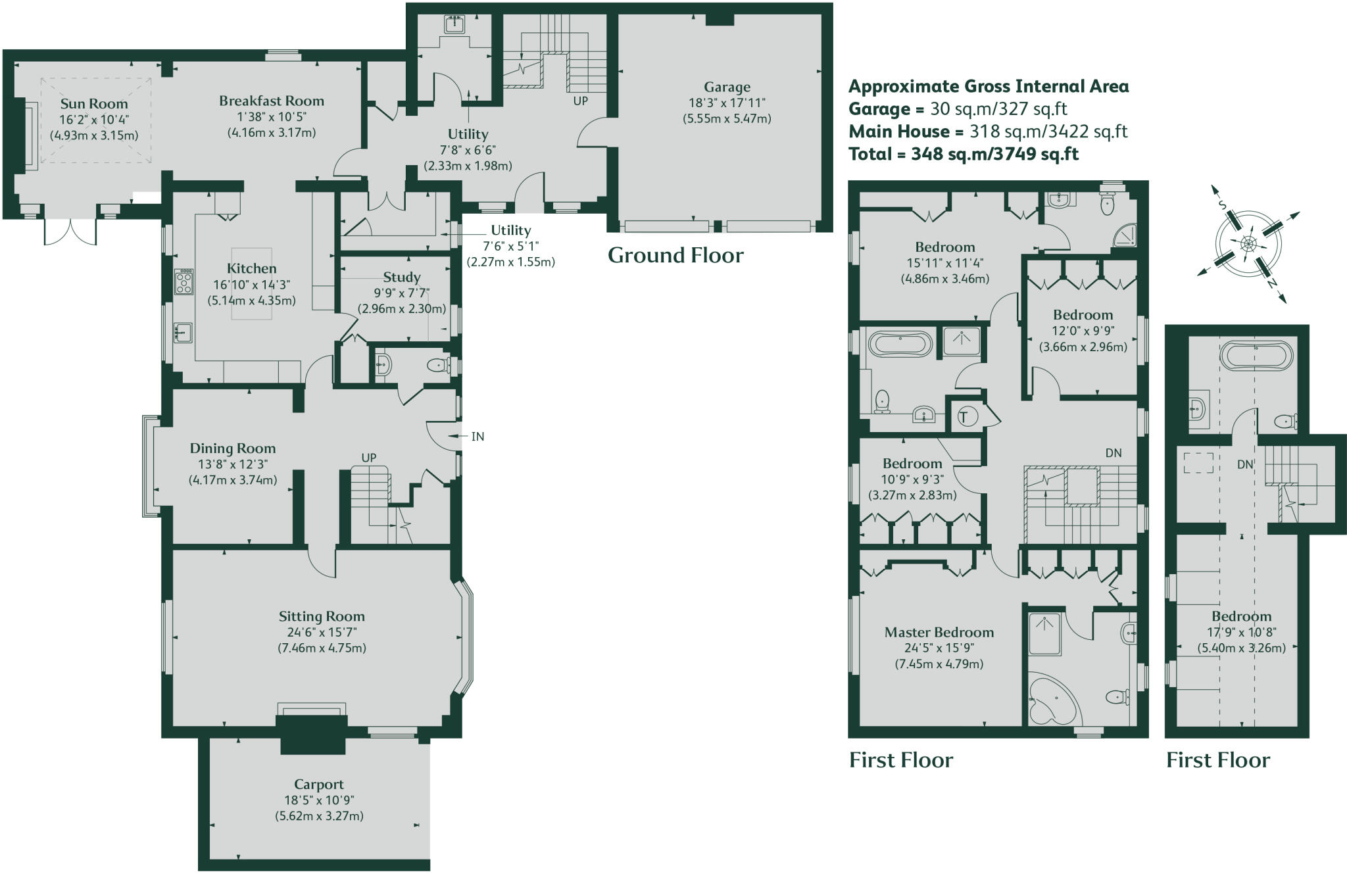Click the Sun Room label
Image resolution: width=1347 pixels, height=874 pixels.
click(94, 104)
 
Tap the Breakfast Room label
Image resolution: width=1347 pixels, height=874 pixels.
click(272, 101)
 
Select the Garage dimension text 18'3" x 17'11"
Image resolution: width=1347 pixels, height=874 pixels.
click(727, 103)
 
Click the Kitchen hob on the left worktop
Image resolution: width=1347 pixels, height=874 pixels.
click(184, 281)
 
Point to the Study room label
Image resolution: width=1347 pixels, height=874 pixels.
click(402, 278)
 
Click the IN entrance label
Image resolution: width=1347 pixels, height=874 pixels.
click(478, 437)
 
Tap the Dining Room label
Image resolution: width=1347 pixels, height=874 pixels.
click(233, 449)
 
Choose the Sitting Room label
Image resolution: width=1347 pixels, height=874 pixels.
click(322, 617)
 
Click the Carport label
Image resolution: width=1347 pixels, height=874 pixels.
click(319, 785)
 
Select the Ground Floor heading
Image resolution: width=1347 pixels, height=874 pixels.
click(675, 255)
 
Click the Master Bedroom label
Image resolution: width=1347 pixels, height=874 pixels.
click(939, 633)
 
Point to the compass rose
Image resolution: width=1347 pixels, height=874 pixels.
click(1248, 245)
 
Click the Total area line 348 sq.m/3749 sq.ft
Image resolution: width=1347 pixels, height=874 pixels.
click(964, 155)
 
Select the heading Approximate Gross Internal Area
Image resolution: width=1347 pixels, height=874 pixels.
click(989, 86)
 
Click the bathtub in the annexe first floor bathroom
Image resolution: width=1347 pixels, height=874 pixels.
click(1256, 356)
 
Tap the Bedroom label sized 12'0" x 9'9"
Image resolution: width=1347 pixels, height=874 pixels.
click(1083, 315)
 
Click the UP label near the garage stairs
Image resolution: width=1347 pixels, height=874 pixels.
click(581, 101)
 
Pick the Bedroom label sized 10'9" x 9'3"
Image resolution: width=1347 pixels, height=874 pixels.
click(912, 464)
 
